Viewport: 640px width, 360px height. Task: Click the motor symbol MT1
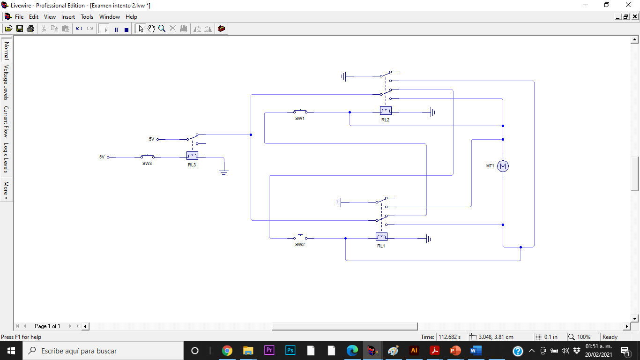pyautogui.click(x=503, y=166)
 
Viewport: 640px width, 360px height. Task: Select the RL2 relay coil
pyautogui.click(x=386, y=111)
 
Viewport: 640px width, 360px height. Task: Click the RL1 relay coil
pyautogui.click(x=381, y=237)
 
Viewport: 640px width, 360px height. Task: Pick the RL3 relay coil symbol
pyautogui.click(x=192, y=156)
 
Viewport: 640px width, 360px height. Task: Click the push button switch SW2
pyautogui.click(x=300, y=237)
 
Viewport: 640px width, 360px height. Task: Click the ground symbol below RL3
pyautogui.click(x=224, y=172)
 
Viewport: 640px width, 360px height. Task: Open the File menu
pyautogui.click(x=19, y=17)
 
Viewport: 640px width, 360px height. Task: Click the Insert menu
pyautogui.click(x=68, y=17)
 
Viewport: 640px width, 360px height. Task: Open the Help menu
pyautogui.click(x=131, y=17)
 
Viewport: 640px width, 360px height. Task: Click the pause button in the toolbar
pyautogui.click(x=116, y=29)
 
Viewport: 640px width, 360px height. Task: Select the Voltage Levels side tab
pyautogui.click(x=7, y=82)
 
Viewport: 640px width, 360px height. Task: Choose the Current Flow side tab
pyautogui.click(x=7, y=121)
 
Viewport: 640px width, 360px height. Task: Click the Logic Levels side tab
pyautogui.click(x=7, y=158)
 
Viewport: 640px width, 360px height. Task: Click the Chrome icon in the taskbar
pyautogui.click(x=227, y=351)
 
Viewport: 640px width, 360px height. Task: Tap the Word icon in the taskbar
pyautogui.click(x=476, y=351)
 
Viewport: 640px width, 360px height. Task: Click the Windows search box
pyautogui.click(x=103, y=351)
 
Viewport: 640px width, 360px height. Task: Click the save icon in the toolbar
pyautogui.click(x=20, y=29)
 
